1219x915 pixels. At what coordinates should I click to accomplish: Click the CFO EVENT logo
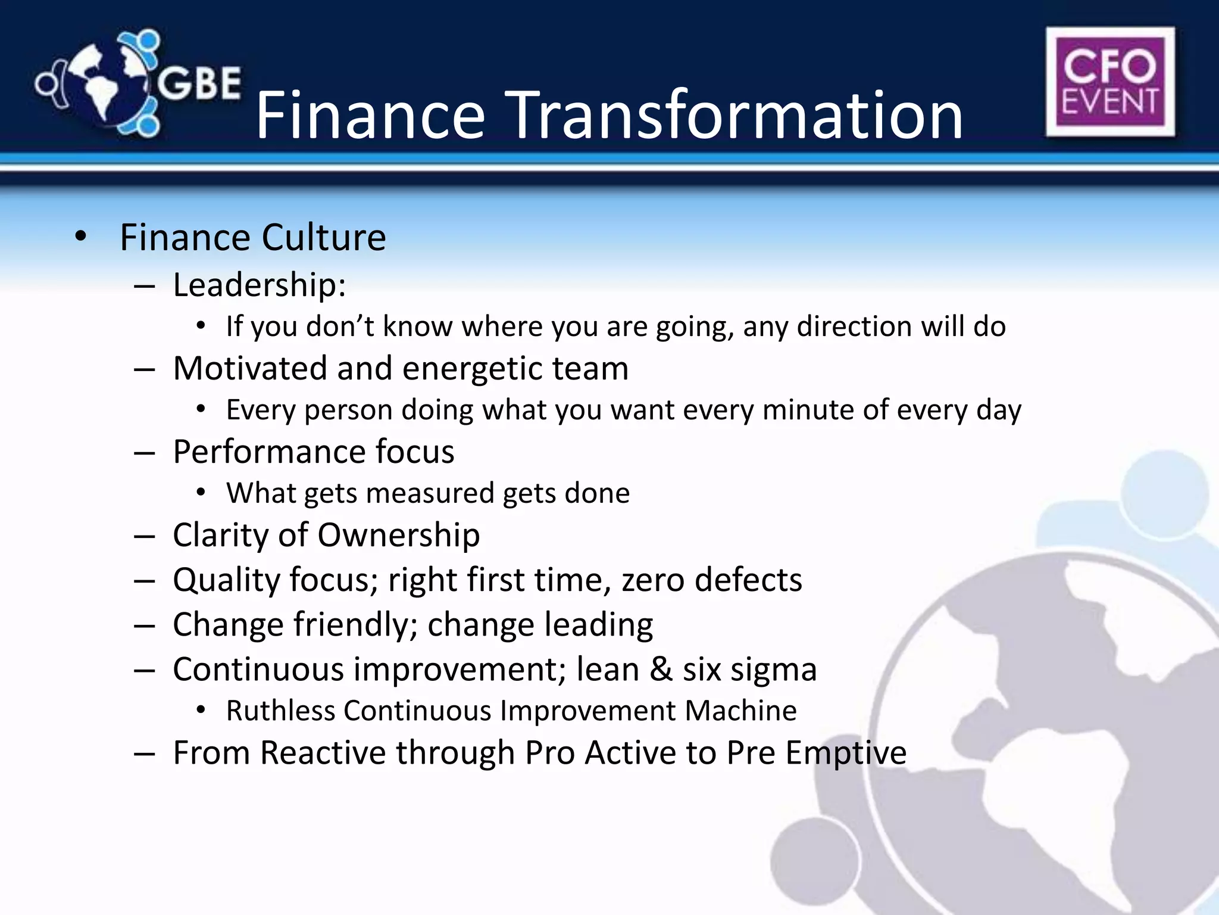pyautogui.click(x=1110, y=82)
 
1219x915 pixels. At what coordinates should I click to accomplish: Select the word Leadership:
pyautogui.click(x=260, y=285)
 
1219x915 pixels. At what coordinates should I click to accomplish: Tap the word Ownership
pyautogui.click(x=398, y=535)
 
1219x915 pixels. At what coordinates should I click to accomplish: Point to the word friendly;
pyautogui.click(x=355, y=625)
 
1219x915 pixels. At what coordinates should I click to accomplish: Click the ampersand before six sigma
pyautogui.click(x=661, y=670)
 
